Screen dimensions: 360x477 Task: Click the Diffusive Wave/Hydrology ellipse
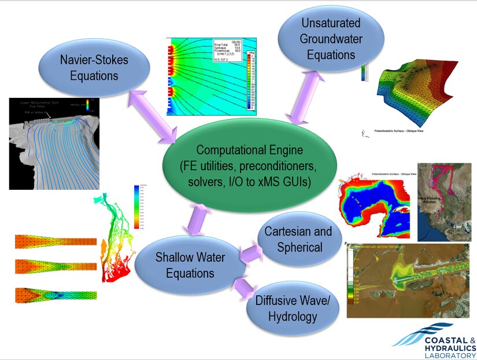(x=293, y=308)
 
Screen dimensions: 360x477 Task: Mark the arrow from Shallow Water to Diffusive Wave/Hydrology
(x=246, y=288)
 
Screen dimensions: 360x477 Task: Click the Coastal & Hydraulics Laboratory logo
(x=433, y=343)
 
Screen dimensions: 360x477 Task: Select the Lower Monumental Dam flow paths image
(x=50, y=143)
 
